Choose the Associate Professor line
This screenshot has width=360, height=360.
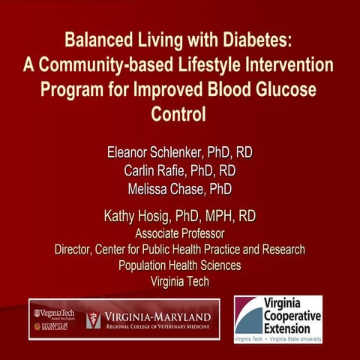point(179,234)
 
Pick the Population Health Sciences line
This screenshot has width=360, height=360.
point(179,265)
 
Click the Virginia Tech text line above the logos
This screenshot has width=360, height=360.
point(179,281)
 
